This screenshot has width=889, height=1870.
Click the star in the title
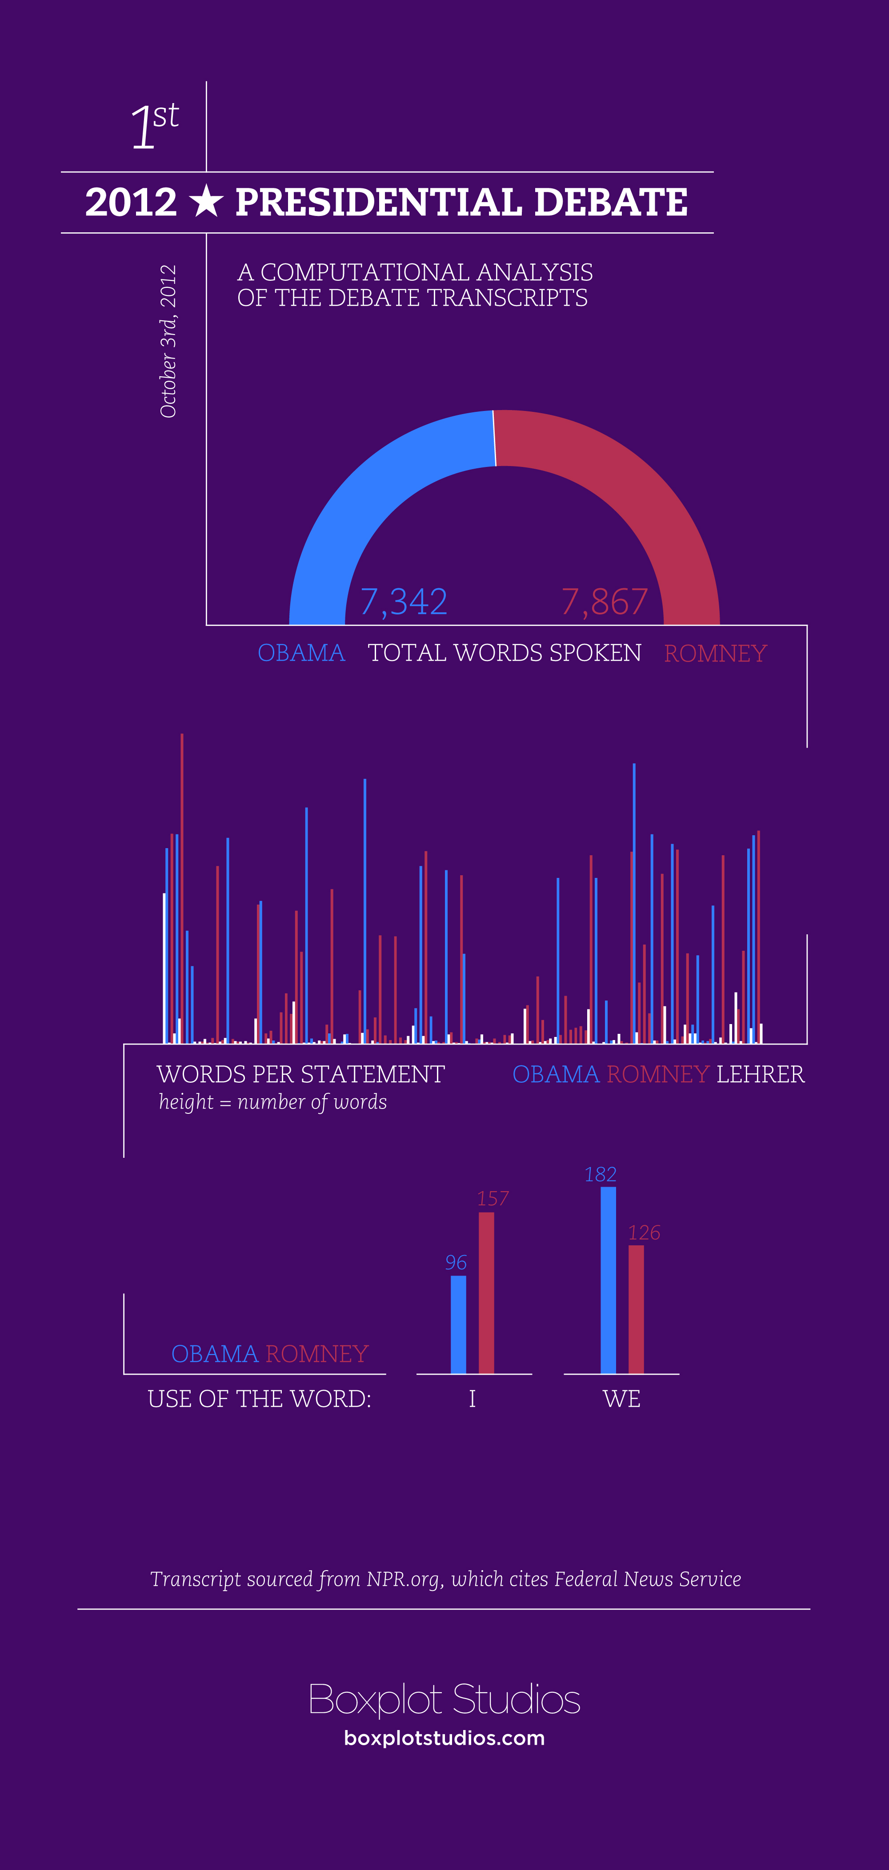click(206, 201)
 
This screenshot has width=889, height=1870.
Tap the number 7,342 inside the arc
click(404, 602)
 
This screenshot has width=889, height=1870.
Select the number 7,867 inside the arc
click(604, 602)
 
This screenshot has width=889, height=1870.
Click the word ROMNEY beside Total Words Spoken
click(715, 654)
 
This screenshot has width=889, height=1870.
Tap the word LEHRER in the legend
click(761, 1074)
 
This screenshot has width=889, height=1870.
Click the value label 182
click(600, 1175)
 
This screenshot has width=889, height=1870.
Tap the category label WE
click(622, 1399)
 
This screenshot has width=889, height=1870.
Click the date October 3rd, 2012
click(168, 341)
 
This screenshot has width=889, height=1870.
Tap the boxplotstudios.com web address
click(444, 1738)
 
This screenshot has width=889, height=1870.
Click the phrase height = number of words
click(273, 1102)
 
